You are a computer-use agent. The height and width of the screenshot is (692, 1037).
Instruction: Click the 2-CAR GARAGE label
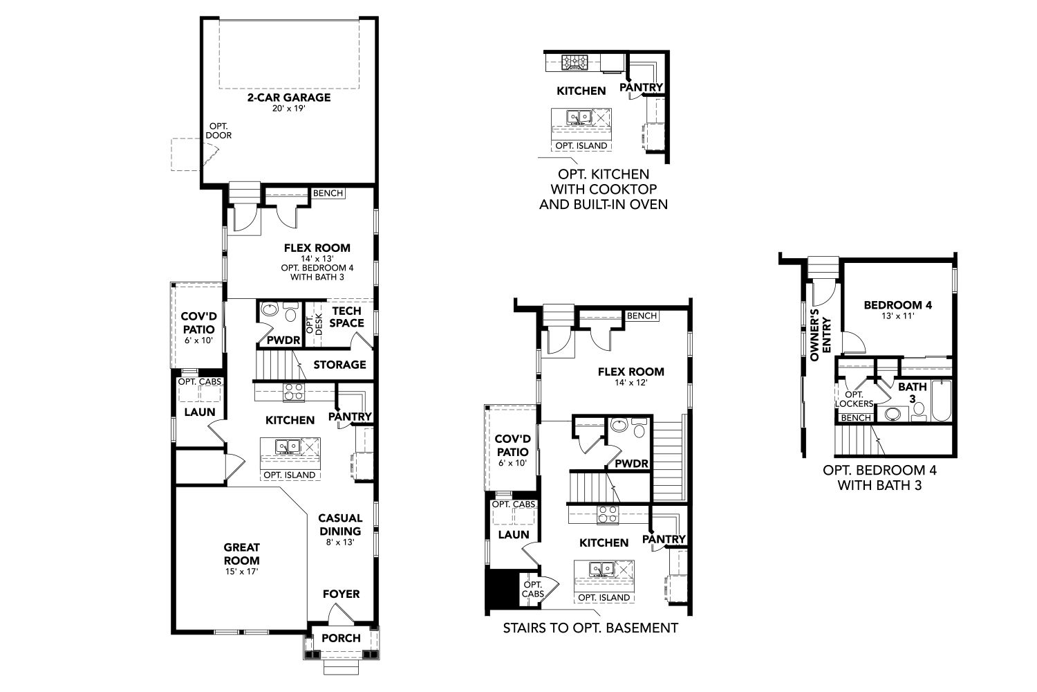pos(289,98)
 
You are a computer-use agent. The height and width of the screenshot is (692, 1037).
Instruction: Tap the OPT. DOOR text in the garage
pos(218,131)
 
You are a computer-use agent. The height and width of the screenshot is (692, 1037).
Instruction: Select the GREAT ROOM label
pos(242,554)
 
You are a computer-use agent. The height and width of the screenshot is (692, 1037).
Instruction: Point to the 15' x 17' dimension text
pos(242,572)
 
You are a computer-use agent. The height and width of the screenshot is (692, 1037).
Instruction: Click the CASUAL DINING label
pos(340,525)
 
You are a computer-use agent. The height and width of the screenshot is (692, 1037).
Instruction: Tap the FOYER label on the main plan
pos(342,594)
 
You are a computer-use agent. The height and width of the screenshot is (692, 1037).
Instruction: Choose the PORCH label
pos(342,638)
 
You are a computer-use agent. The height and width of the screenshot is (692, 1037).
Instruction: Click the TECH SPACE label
pos(347,316)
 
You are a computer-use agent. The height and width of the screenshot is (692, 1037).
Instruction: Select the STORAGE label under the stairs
pos(340,365)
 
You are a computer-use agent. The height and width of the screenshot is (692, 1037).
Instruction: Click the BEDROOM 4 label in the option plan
pos(898,305)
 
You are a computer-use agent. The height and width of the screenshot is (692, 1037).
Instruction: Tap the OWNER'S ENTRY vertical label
pos(820,335)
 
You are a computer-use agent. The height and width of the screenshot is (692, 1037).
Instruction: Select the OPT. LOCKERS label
pos(854,399)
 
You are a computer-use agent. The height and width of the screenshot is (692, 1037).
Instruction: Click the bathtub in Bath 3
pos(941,401)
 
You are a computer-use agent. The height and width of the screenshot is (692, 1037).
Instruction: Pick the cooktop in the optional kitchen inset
pos(574,62)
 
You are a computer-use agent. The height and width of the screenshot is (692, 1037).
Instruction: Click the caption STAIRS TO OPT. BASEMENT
pos(590,628)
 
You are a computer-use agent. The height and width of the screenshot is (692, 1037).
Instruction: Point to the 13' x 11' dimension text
pos(898,316)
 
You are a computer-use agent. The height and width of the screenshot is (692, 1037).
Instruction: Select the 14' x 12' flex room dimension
pos(631,383)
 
